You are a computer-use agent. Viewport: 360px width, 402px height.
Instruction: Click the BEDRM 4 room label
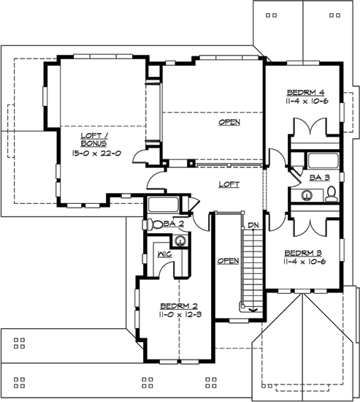click(x=305, y=91)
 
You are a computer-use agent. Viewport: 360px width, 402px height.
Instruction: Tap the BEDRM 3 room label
click(x=304, y=253)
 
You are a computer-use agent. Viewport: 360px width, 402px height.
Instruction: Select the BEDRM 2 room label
click(x=179, y=306)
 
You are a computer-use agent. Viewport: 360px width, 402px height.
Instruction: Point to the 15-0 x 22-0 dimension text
click(x=96, y=153)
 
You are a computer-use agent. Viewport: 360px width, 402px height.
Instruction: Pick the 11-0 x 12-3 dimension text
click(x=179, y=315)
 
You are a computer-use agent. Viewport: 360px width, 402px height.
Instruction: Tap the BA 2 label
click(x=173, y=224)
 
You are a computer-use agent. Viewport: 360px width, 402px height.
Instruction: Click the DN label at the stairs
click(x=253, y=224)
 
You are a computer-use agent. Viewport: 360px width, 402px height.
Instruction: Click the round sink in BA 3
click(x=307, y=195)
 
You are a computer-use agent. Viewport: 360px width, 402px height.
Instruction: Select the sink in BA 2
click(x=180, y=239)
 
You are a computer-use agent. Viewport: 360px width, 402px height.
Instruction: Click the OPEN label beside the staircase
click(x=228, y=260)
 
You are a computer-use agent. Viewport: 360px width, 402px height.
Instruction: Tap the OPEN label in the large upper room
click(x=229, y=123)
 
